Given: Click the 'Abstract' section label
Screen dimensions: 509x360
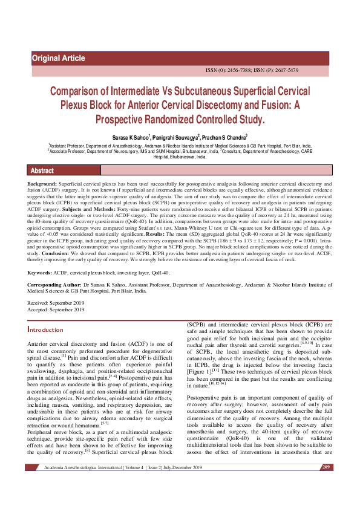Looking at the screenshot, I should coord(42,171).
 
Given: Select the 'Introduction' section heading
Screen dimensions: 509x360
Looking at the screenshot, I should coord(45,330).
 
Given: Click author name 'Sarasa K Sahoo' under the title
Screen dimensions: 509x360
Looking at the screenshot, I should coord(129,138).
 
